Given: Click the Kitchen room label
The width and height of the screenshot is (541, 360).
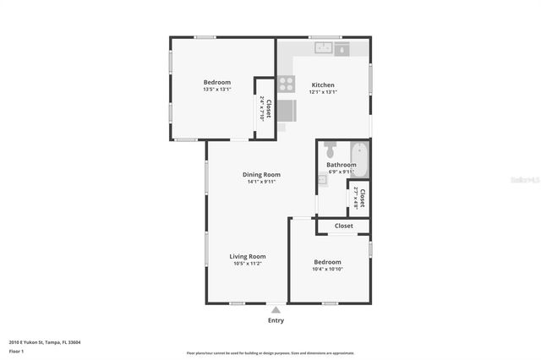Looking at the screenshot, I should [323, 85].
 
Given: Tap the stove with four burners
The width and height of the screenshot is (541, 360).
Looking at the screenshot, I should [287, 84].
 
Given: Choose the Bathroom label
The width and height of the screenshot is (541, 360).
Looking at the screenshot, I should [342, 165].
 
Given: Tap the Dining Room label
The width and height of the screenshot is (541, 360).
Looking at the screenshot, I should [261, 174].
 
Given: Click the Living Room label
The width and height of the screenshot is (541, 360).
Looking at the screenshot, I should [248, 256].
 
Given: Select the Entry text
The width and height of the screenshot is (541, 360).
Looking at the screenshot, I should [276, 320].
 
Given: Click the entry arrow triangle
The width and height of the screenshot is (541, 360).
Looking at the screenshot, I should [276, 310].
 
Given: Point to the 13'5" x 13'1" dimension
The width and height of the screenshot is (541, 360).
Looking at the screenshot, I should [216, 90].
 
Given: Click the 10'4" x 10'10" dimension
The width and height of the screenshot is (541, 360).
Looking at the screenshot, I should [327, 269].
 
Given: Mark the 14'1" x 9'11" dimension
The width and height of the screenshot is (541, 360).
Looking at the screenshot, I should [261, 182].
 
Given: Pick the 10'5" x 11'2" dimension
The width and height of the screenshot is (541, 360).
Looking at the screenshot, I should [248, 264].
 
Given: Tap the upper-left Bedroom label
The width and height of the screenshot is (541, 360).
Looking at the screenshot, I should [216, 82].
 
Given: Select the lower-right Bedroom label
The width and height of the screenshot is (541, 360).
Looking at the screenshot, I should [327, 261].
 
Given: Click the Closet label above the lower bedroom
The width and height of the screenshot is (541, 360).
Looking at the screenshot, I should [343, 226].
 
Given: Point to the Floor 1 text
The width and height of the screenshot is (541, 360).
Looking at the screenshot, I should [16, 351].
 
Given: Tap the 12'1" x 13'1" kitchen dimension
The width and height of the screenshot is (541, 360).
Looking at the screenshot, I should [323, 92].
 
